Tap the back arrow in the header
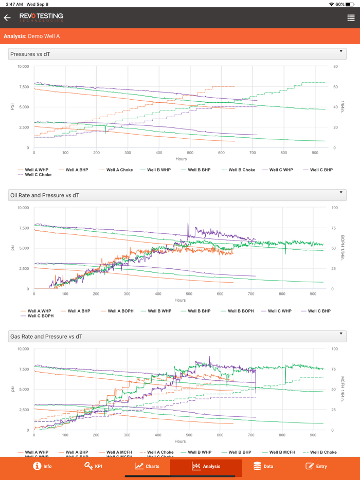[x=7, y=18]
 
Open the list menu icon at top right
[x=351, y=18]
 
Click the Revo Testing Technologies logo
[x=41, y=17]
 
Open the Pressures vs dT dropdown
[x=177, y=54]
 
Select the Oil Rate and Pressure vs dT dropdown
[x=177, y=195]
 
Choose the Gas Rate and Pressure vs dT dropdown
[x=177, y=336]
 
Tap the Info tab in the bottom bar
[x=42, y=466]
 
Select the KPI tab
[x=93, y=466]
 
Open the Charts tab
[x=147, y=466]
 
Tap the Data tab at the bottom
[x=263, y=466]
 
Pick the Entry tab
[x=316, y=466]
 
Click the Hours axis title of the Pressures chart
[x=181, y=159]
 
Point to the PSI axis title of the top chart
[x=12, y=107]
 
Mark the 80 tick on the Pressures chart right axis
[x=335, y=66]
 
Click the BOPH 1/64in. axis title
[x=343, y=248]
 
